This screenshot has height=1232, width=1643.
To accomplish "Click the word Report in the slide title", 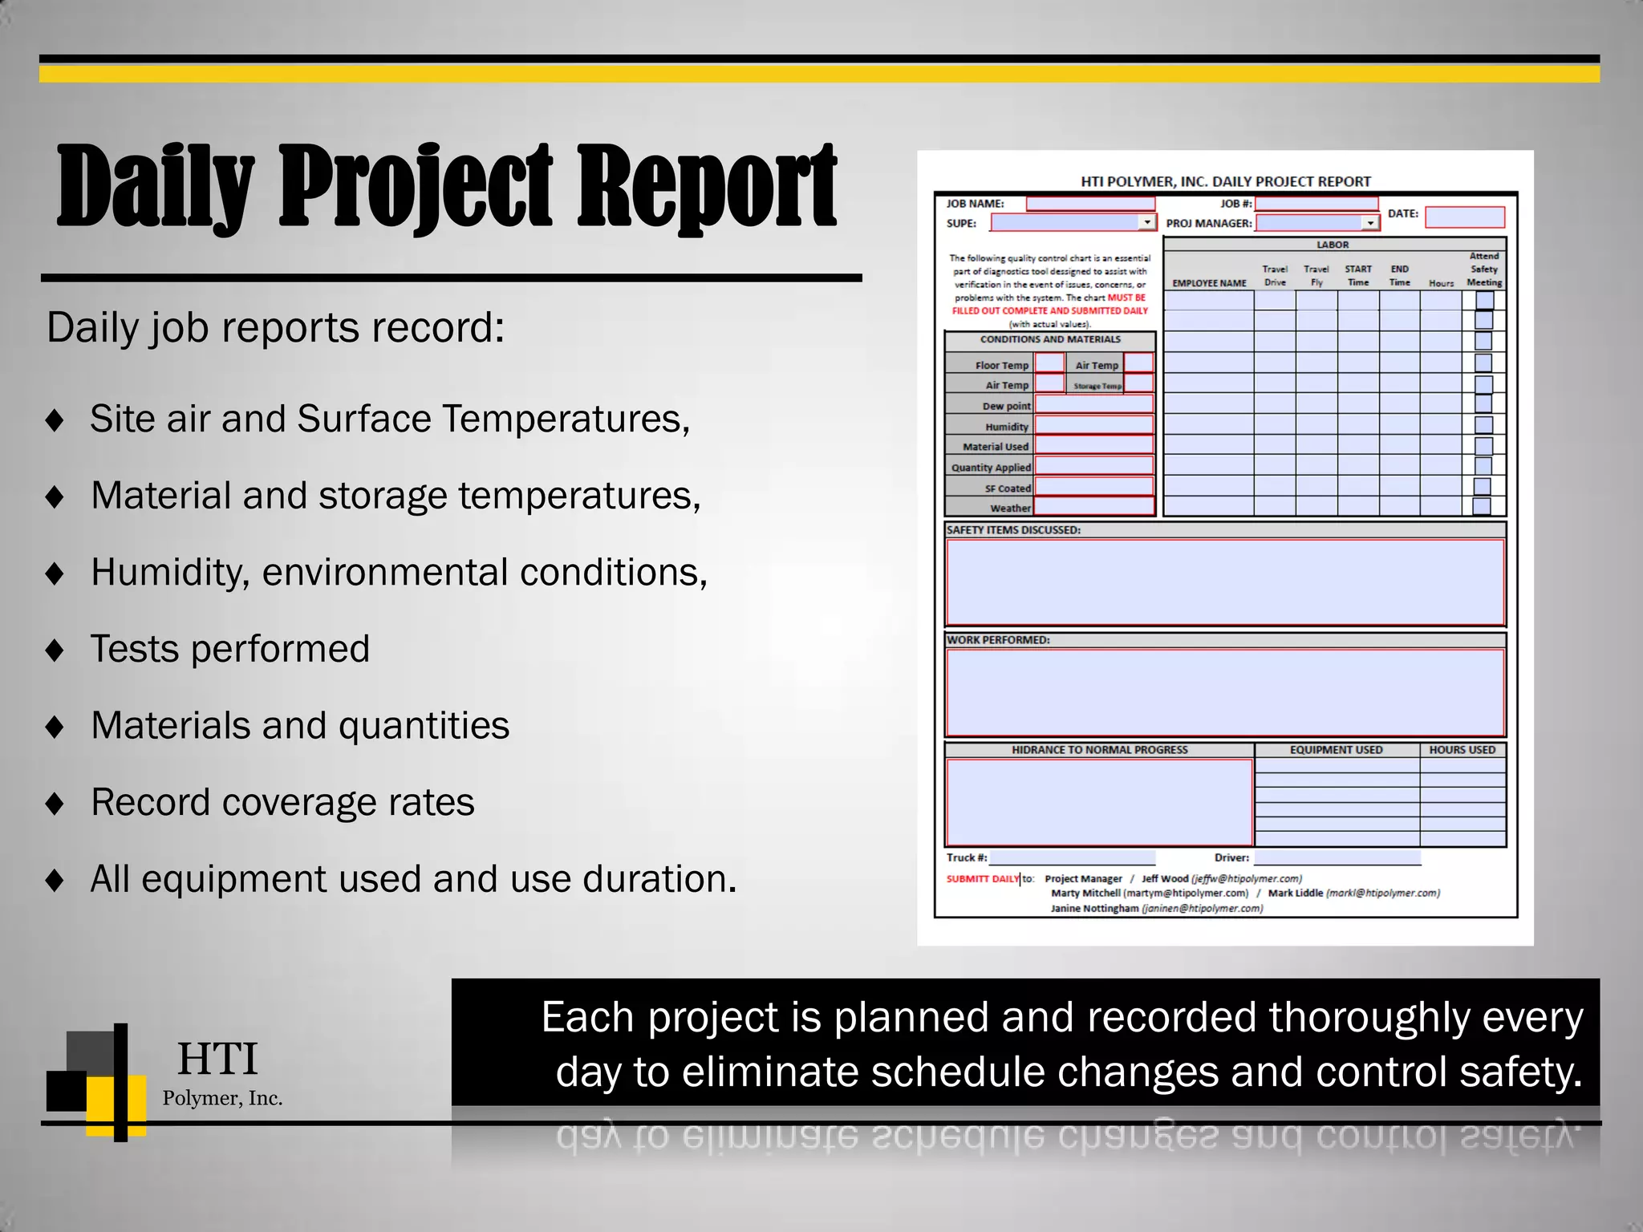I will [x=706, y=186].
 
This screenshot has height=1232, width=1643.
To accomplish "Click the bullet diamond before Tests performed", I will [x=55, y=650].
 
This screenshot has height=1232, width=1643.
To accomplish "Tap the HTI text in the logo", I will [x=217, y=1059].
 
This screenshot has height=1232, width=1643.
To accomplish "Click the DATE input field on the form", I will [x=1464, y=217].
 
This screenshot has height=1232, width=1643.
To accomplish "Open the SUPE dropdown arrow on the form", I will [x=1147, y=222].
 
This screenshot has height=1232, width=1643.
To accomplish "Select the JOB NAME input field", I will [x=1090, y=204].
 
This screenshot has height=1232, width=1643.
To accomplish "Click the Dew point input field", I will [x=1093, y=405].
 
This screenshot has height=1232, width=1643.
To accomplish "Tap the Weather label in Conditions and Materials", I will [x=1009, y=509].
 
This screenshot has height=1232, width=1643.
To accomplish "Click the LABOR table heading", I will [x=1333, y=245].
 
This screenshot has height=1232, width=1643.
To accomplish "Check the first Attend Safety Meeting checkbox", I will [x=1484, y=301].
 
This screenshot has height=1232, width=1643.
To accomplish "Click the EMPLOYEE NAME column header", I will [x=1209, y=283].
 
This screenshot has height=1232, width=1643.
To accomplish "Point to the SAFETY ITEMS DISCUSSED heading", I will [x=1013, y=530].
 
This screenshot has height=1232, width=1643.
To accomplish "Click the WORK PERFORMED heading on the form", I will [x=998, y=640].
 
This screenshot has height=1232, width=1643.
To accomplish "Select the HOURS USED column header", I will [x=1462, y=750].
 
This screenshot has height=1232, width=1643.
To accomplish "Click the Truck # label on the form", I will [x=966, y=857].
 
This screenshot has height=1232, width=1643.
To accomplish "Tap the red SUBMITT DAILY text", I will [x=982, y=879].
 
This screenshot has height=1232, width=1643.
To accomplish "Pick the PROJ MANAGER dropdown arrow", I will [x=1370, y=223].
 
